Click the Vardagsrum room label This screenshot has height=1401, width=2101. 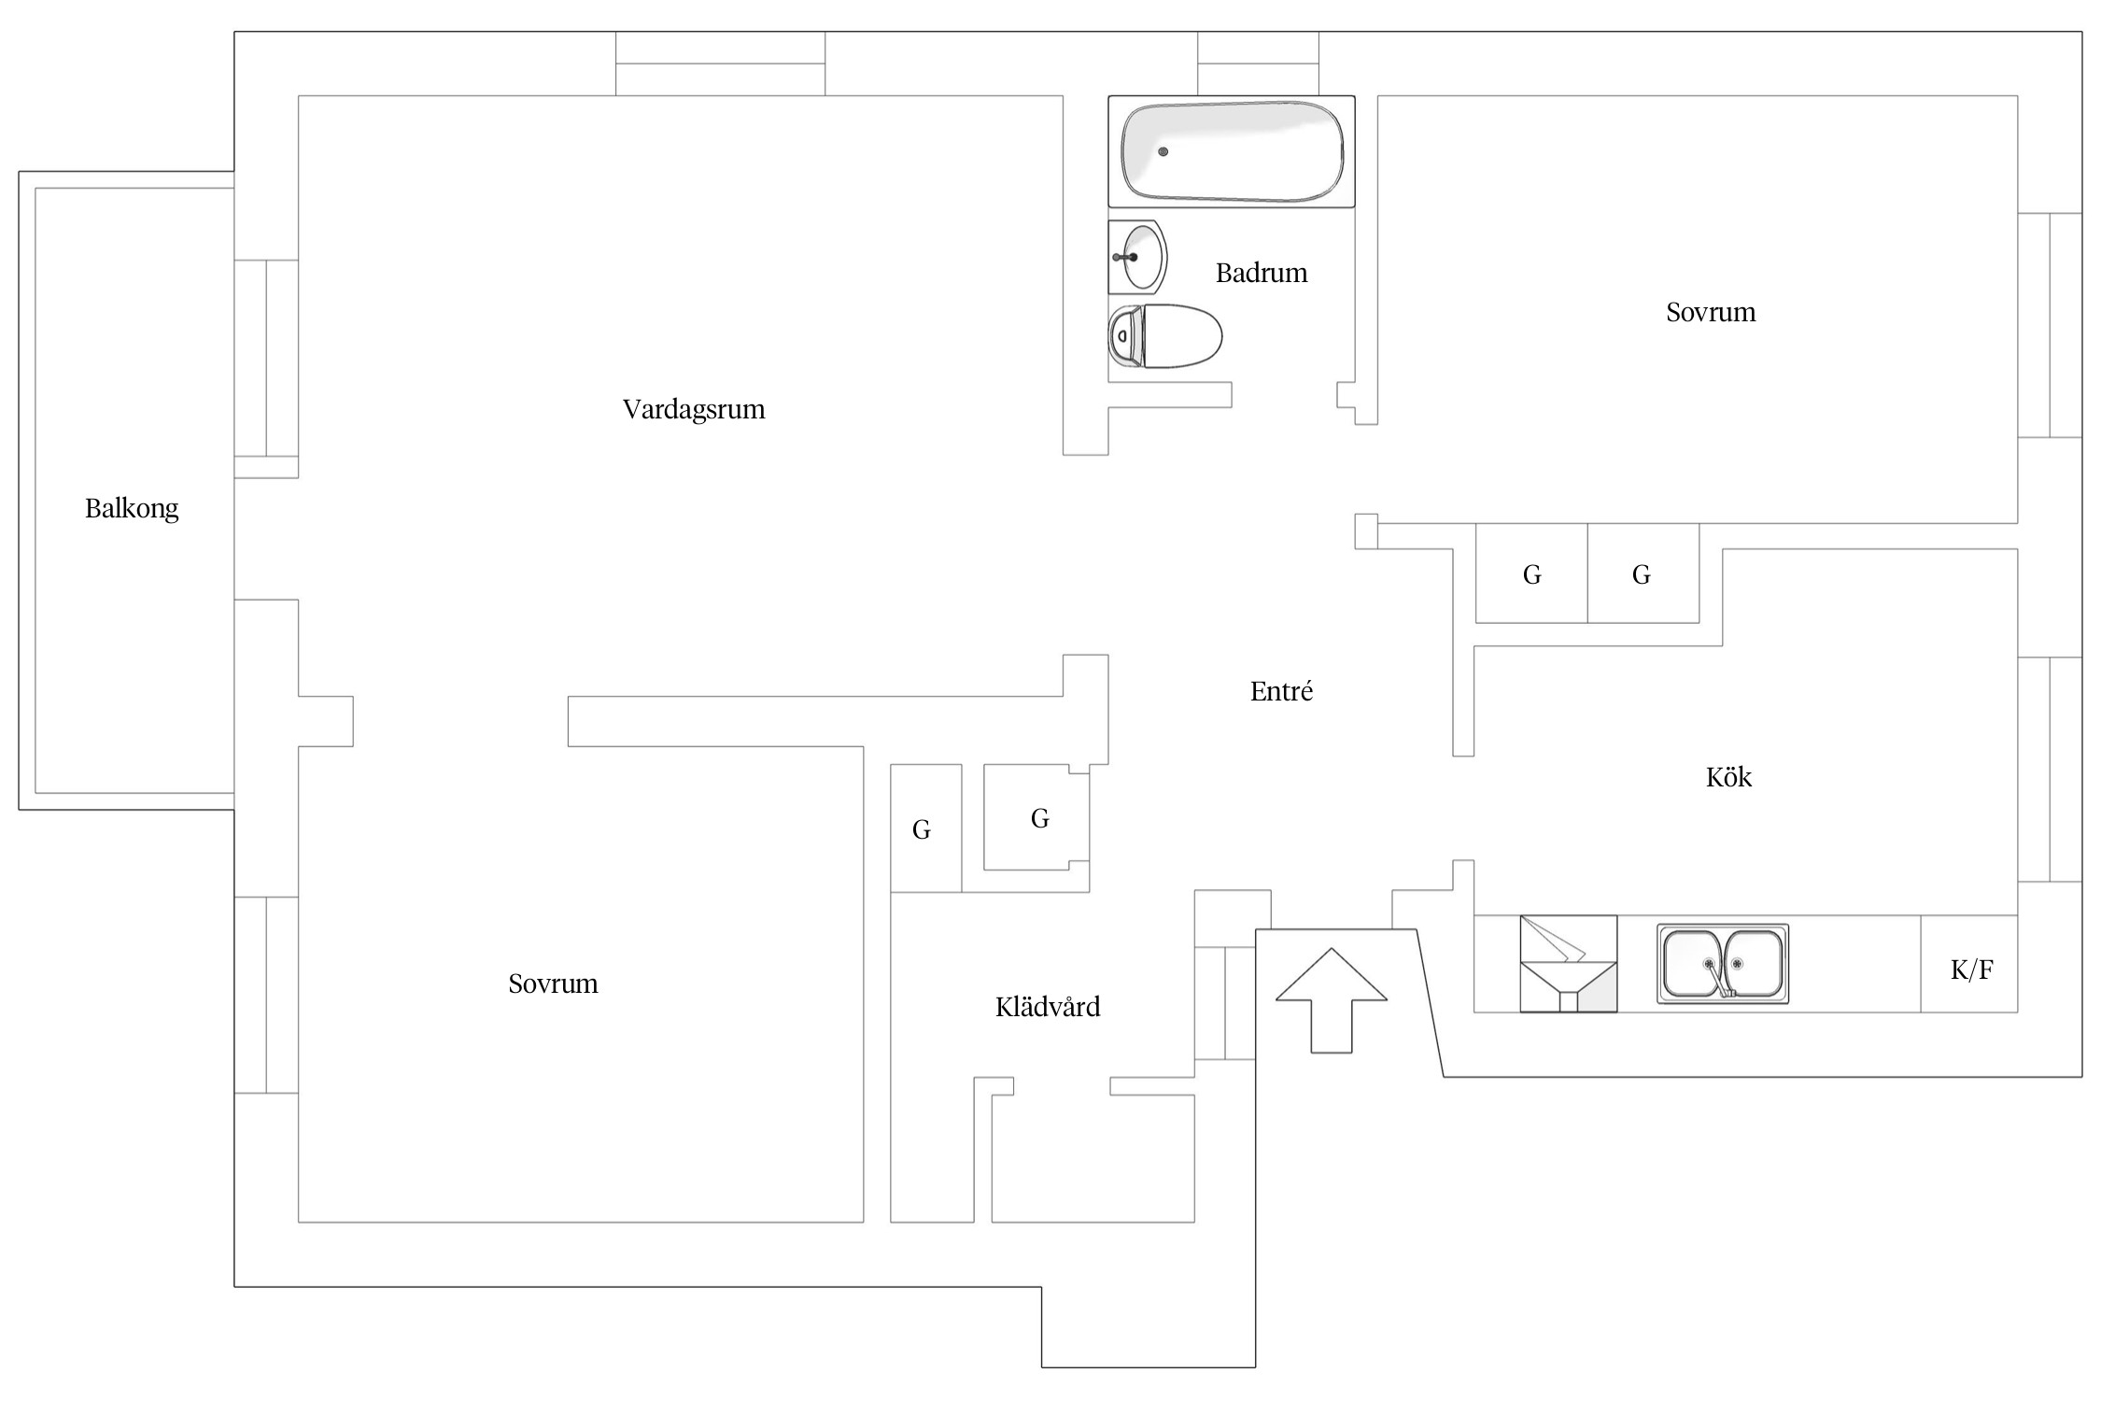point(693,409)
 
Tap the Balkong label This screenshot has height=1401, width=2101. point(132,508)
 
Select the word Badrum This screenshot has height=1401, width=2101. point(1261,273)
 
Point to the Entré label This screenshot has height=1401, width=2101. point(1281,691)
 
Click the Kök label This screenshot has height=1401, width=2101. point(1727,777)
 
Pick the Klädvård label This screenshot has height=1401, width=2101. point(1047,1007)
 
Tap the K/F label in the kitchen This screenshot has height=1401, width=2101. point(1971,969)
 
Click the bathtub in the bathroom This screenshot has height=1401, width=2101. point(1231,151)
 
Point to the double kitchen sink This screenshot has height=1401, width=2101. point(1722,964)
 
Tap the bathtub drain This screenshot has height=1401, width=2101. point(1163,151)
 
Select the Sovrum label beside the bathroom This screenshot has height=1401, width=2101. point(1710,312)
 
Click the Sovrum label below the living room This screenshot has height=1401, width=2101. point(553,984)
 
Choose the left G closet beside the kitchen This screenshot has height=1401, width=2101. point(1531,574)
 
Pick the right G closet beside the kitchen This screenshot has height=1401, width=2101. point(1642,574)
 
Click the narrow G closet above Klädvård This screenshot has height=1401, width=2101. point(922,829)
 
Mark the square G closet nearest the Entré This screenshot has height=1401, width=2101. point(1039,818)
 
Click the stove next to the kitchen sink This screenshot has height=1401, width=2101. point(1568,964)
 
